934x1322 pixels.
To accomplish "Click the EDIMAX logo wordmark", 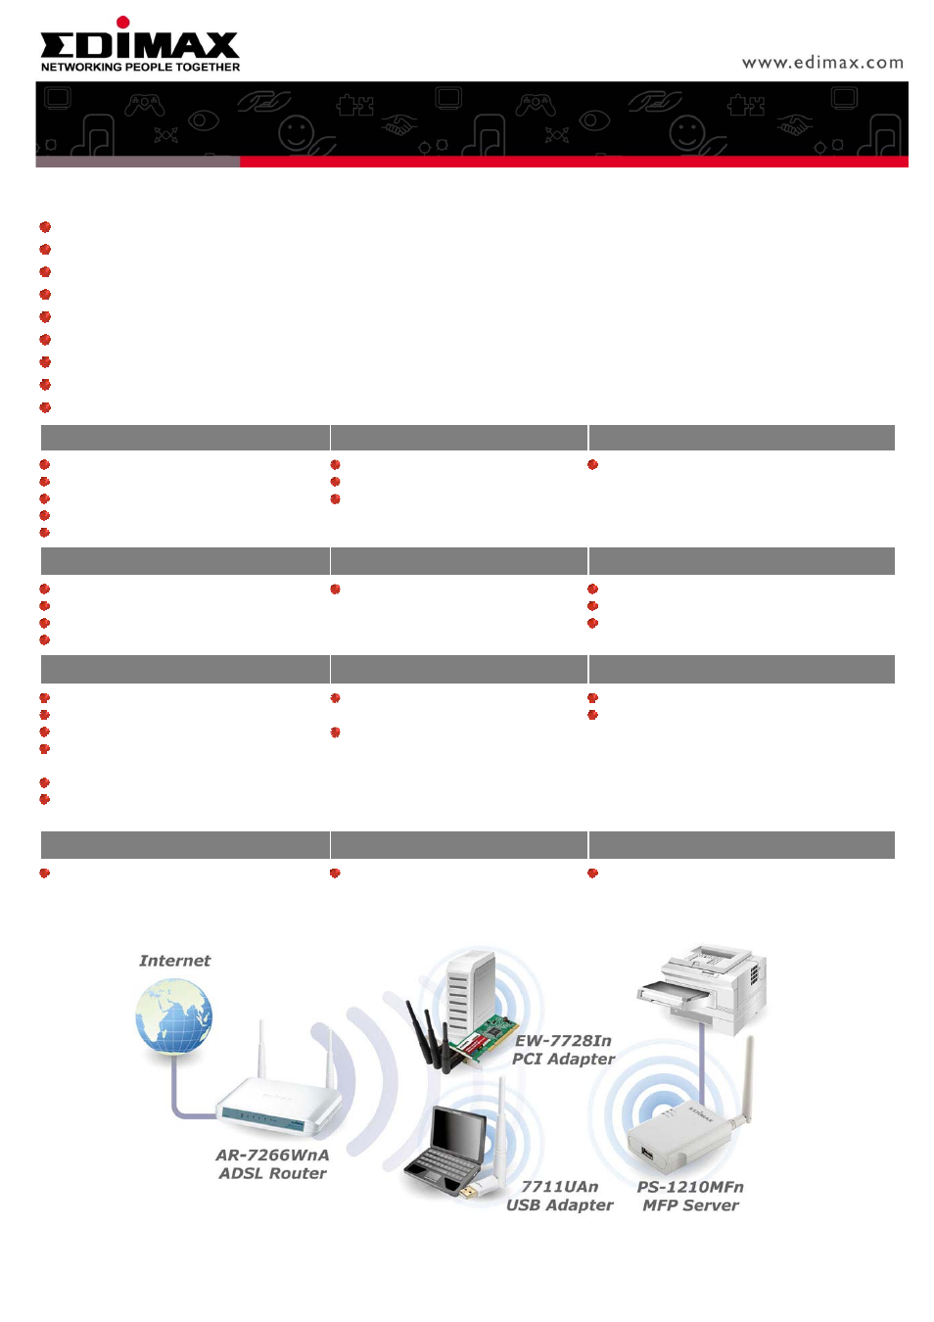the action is (x=139, y=45).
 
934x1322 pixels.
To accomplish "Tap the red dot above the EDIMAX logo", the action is (x=122, y=23).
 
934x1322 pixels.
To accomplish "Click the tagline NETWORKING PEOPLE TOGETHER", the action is (x=140, y=68).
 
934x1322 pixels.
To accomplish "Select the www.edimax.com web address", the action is (x=821, y=63).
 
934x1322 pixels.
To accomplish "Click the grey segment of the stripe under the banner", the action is (x=137, y=162).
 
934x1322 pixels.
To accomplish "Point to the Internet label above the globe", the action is (x=174, y=961).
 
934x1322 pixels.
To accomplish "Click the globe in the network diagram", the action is (x=173, y=1015).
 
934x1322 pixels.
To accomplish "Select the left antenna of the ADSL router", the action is (x=261, y=1051).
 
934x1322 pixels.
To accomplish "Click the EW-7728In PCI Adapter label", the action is (x=563, y=1050).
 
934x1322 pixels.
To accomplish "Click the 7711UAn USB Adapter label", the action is (x=559, y=1195).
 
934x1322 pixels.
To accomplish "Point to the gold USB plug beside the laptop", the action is (x=469, y=1192).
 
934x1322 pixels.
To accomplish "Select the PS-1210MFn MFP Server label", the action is (x=690, y=1195).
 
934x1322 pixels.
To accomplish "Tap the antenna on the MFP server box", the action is (x=745, y=1081).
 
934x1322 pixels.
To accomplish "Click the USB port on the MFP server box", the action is (x=647, y=1152).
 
